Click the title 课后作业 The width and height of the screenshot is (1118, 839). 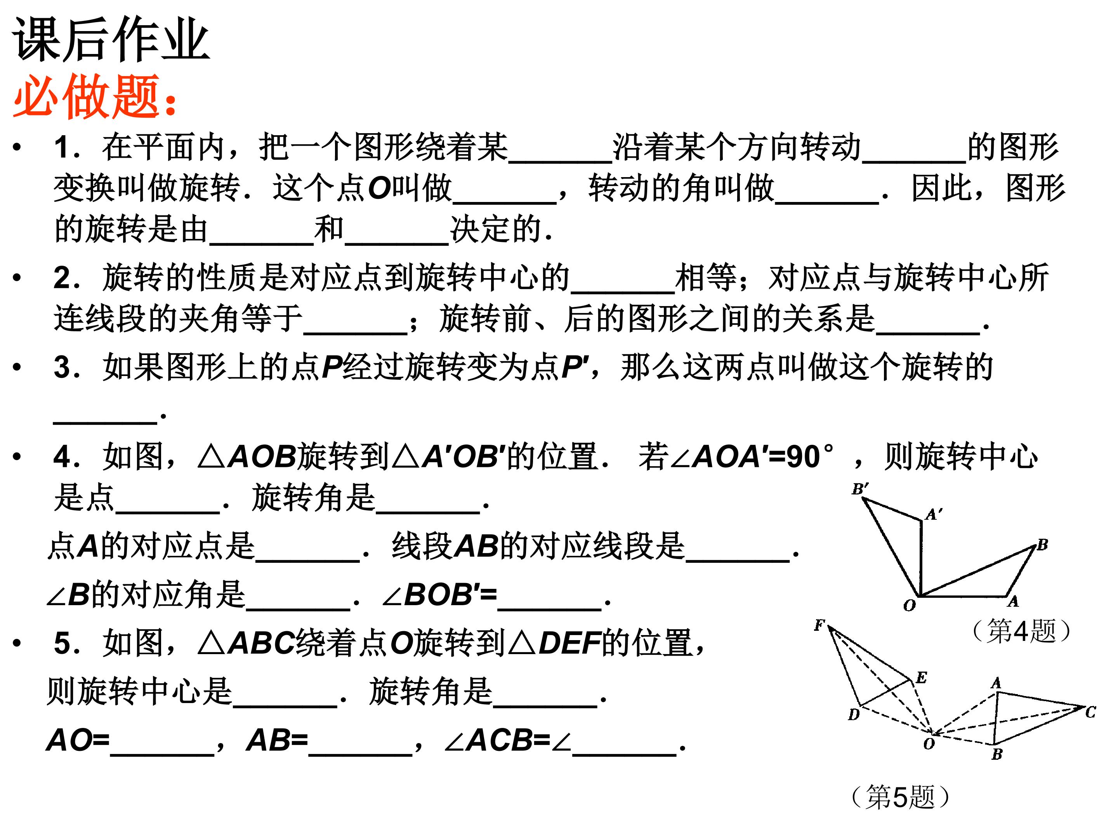pos(111,40)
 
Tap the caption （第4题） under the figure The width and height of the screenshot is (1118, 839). pos(1021,631)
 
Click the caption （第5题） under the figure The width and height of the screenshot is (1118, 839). pos(900,797)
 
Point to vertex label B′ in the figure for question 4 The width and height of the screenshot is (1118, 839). pos(860,489)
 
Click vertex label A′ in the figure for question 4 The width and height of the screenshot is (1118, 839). pos(934,514)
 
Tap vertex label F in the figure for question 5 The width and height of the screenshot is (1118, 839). pos(819,625)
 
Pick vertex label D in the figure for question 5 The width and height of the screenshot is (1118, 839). pos(854,715)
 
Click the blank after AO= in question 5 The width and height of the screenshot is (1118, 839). pos(162,754)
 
